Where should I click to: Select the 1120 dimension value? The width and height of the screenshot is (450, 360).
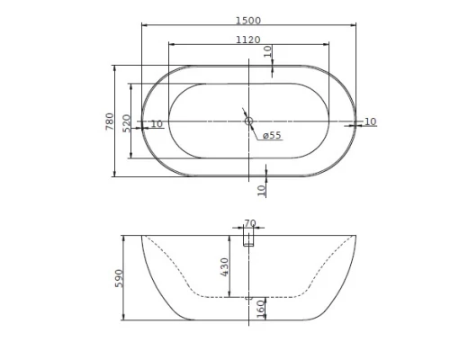[x=248, y=40]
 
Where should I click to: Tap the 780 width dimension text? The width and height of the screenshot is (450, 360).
[x=110, y=121]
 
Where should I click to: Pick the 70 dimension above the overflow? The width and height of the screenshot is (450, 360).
[x=250, y=224]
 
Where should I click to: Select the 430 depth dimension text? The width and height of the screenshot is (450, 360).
[x=225, y=266]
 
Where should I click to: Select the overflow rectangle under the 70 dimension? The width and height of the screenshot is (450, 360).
[x=250, y=238]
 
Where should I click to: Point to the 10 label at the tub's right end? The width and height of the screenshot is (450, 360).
[x=370, y=121]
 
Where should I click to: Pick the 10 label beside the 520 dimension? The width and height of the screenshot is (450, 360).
[x=157, y=123]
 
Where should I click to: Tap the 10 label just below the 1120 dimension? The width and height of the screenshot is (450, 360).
[x=267, y=51]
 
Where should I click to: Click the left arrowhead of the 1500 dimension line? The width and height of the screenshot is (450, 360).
[x=144, y=25]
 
